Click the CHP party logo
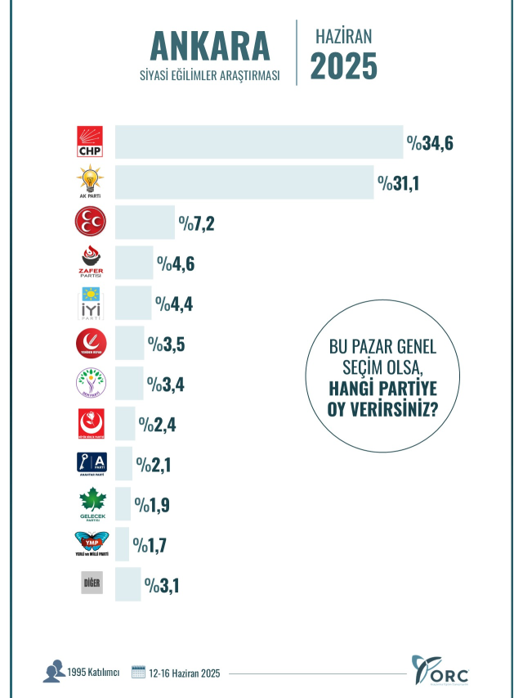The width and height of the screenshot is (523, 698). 90,142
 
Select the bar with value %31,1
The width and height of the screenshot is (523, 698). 244,182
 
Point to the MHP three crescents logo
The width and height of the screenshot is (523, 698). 90,222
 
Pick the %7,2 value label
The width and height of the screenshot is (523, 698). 197,223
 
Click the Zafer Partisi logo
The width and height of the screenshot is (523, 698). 90,262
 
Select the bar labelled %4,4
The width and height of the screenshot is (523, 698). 133,303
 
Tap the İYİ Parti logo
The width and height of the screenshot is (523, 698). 90,303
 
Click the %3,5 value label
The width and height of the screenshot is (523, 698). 166,344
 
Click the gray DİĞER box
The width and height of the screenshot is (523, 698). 91,584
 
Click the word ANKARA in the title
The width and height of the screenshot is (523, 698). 209,45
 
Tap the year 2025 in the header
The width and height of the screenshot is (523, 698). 343,65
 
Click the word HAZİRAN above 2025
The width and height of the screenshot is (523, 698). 343,36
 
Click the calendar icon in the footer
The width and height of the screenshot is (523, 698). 137,672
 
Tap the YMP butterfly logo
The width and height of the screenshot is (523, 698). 90,543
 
